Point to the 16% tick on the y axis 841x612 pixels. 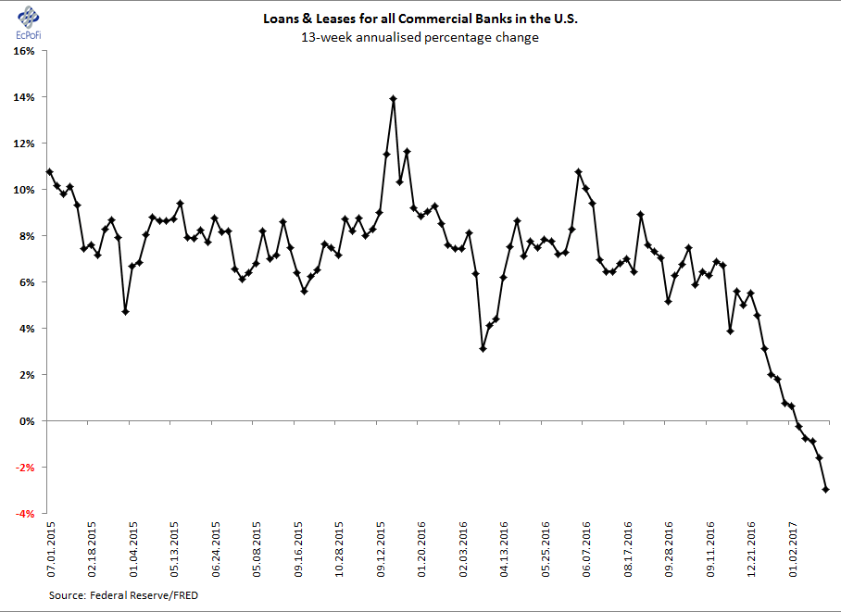23,51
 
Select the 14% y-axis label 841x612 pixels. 23,97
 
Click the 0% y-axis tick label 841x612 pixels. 26,421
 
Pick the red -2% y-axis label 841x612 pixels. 24,468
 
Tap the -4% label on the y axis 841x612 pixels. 24,514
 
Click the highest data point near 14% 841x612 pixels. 394,98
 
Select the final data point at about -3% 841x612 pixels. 826,490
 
